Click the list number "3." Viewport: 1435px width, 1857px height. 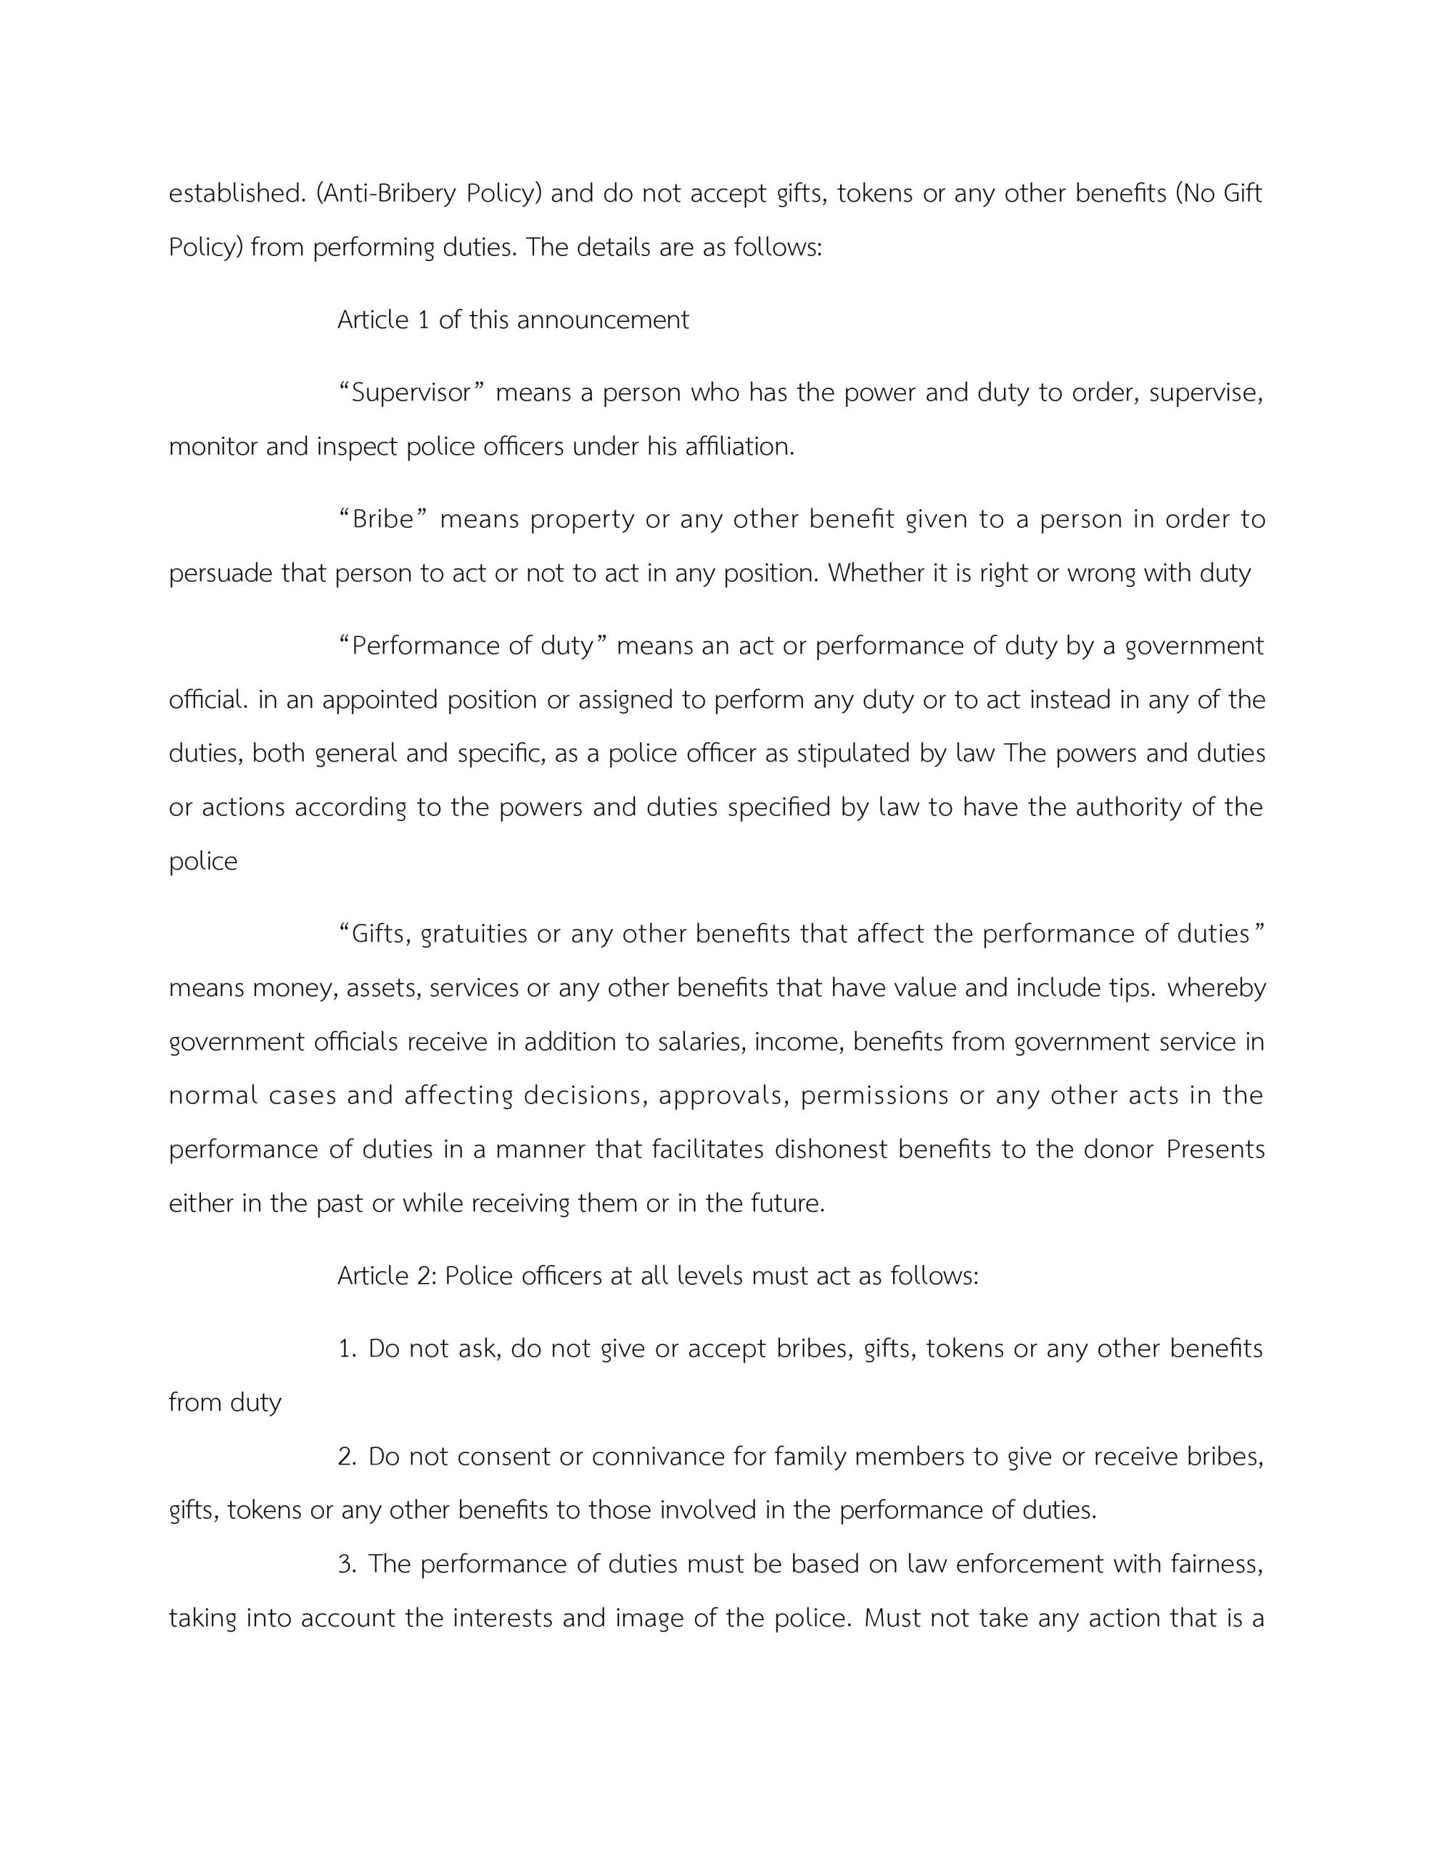click(347, 1565)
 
